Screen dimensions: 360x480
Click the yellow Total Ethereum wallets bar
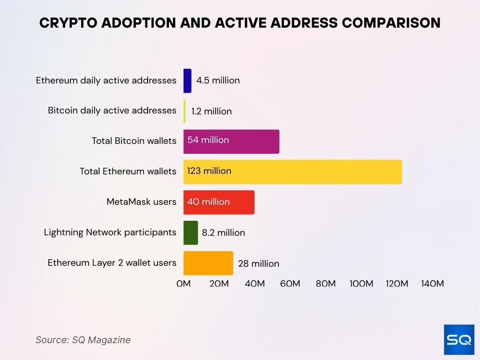pyautogui.click(x=292, y=172)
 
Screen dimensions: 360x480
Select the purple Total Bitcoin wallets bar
pyautogui.click(x=231, y=141)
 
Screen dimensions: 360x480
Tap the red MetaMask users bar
pyautogui.click(x=219, y=202)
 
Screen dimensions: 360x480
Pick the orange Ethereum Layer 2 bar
pyautogui.click(x=208, y=263)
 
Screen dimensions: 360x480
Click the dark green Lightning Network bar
pyautogui.click(x=190, y=232)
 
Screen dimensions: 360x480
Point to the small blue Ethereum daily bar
pyautogui.click(x=187, y=81)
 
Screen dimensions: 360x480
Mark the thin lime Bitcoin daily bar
pyautogui.click(x=185, y=111)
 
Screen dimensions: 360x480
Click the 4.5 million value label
pyautogui.click(x=218, y=81)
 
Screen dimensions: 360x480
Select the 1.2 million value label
pyautogui.click(x=211, y=112)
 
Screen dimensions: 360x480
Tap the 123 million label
pyautogui.click(x=209, y=171)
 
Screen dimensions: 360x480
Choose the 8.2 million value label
pyautogui.click(x=224, y=233)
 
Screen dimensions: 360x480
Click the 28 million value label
pyautogui.click(x=258, y=264)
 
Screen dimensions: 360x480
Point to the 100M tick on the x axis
pyautogui.click(x=361, y=284)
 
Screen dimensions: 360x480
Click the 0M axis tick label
pyautogui.click(x=183, y=284)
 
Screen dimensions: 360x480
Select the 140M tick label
pyautogui.click(x=432, y=284)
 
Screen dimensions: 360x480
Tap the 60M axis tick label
pyautogui.click(x=290, y=284)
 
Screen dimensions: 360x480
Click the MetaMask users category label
pyautogui.click(x=142, y=202)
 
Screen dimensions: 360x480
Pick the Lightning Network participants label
pyautogui.click(x=110, y=232)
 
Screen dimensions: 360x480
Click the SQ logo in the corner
pyautogui.click(x=459, y=339)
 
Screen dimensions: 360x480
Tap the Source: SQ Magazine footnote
pyautogui.click(x=83, y=340)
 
